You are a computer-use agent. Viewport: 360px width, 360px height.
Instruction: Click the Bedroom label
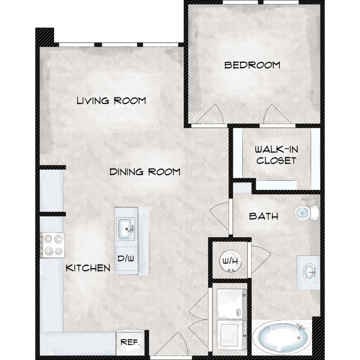[252, 65]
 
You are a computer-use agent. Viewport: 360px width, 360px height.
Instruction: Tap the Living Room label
[111, 101]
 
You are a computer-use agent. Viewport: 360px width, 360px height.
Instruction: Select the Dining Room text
[145, 172]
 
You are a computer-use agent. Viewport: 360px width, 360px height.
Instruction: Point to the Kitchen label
[88, 268]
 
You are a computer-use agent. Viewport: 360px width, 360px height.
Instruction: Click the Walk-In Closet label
[276, 155]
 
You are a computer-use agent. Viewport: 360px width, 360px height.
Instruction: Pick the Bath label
[264, 216]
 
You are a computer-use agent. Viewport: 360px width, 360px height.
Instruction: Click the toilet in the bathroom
[307, 213]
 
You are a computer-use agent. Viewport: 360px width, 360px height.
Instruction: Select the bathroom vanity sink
[309, 272]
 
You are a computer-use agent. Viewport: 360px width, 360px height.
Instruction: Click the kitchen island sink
[126, 229]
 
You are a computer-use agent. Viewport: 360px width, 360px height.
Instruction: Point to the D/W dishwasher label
[126, 259]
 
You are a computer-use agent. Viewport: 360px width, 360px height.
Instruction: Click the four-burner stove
[52, 245]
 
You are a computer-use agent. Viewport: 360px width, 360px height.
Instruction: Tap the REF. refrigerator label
[130, 342]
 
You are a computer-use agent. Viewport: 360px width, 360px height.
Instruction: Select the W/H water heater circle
[230, 261]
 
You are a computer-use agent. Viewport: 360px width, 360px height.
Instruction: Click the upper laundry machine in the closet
[232, 304]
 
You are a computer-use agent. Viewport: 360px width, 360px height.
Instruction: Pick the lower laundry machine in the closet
[232, 335]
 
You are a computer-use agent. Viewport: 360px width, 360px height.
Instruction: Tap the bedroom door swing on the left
[209, 114]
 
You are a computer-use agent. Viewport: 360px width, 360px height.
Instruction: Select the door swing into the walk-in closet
[277, 114]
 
